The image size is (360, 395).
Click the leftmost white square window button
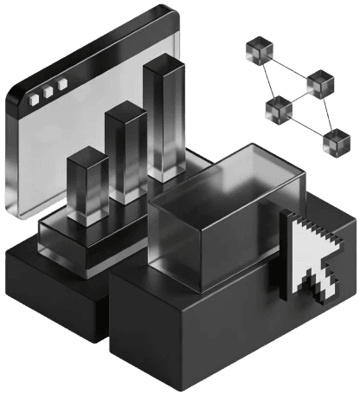(35, 100)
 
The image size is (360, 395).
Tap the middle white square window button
(48, 94)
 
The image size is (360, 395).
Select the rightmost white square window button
(61, 87)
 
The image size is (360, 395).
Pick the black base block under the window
(52, 286)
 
